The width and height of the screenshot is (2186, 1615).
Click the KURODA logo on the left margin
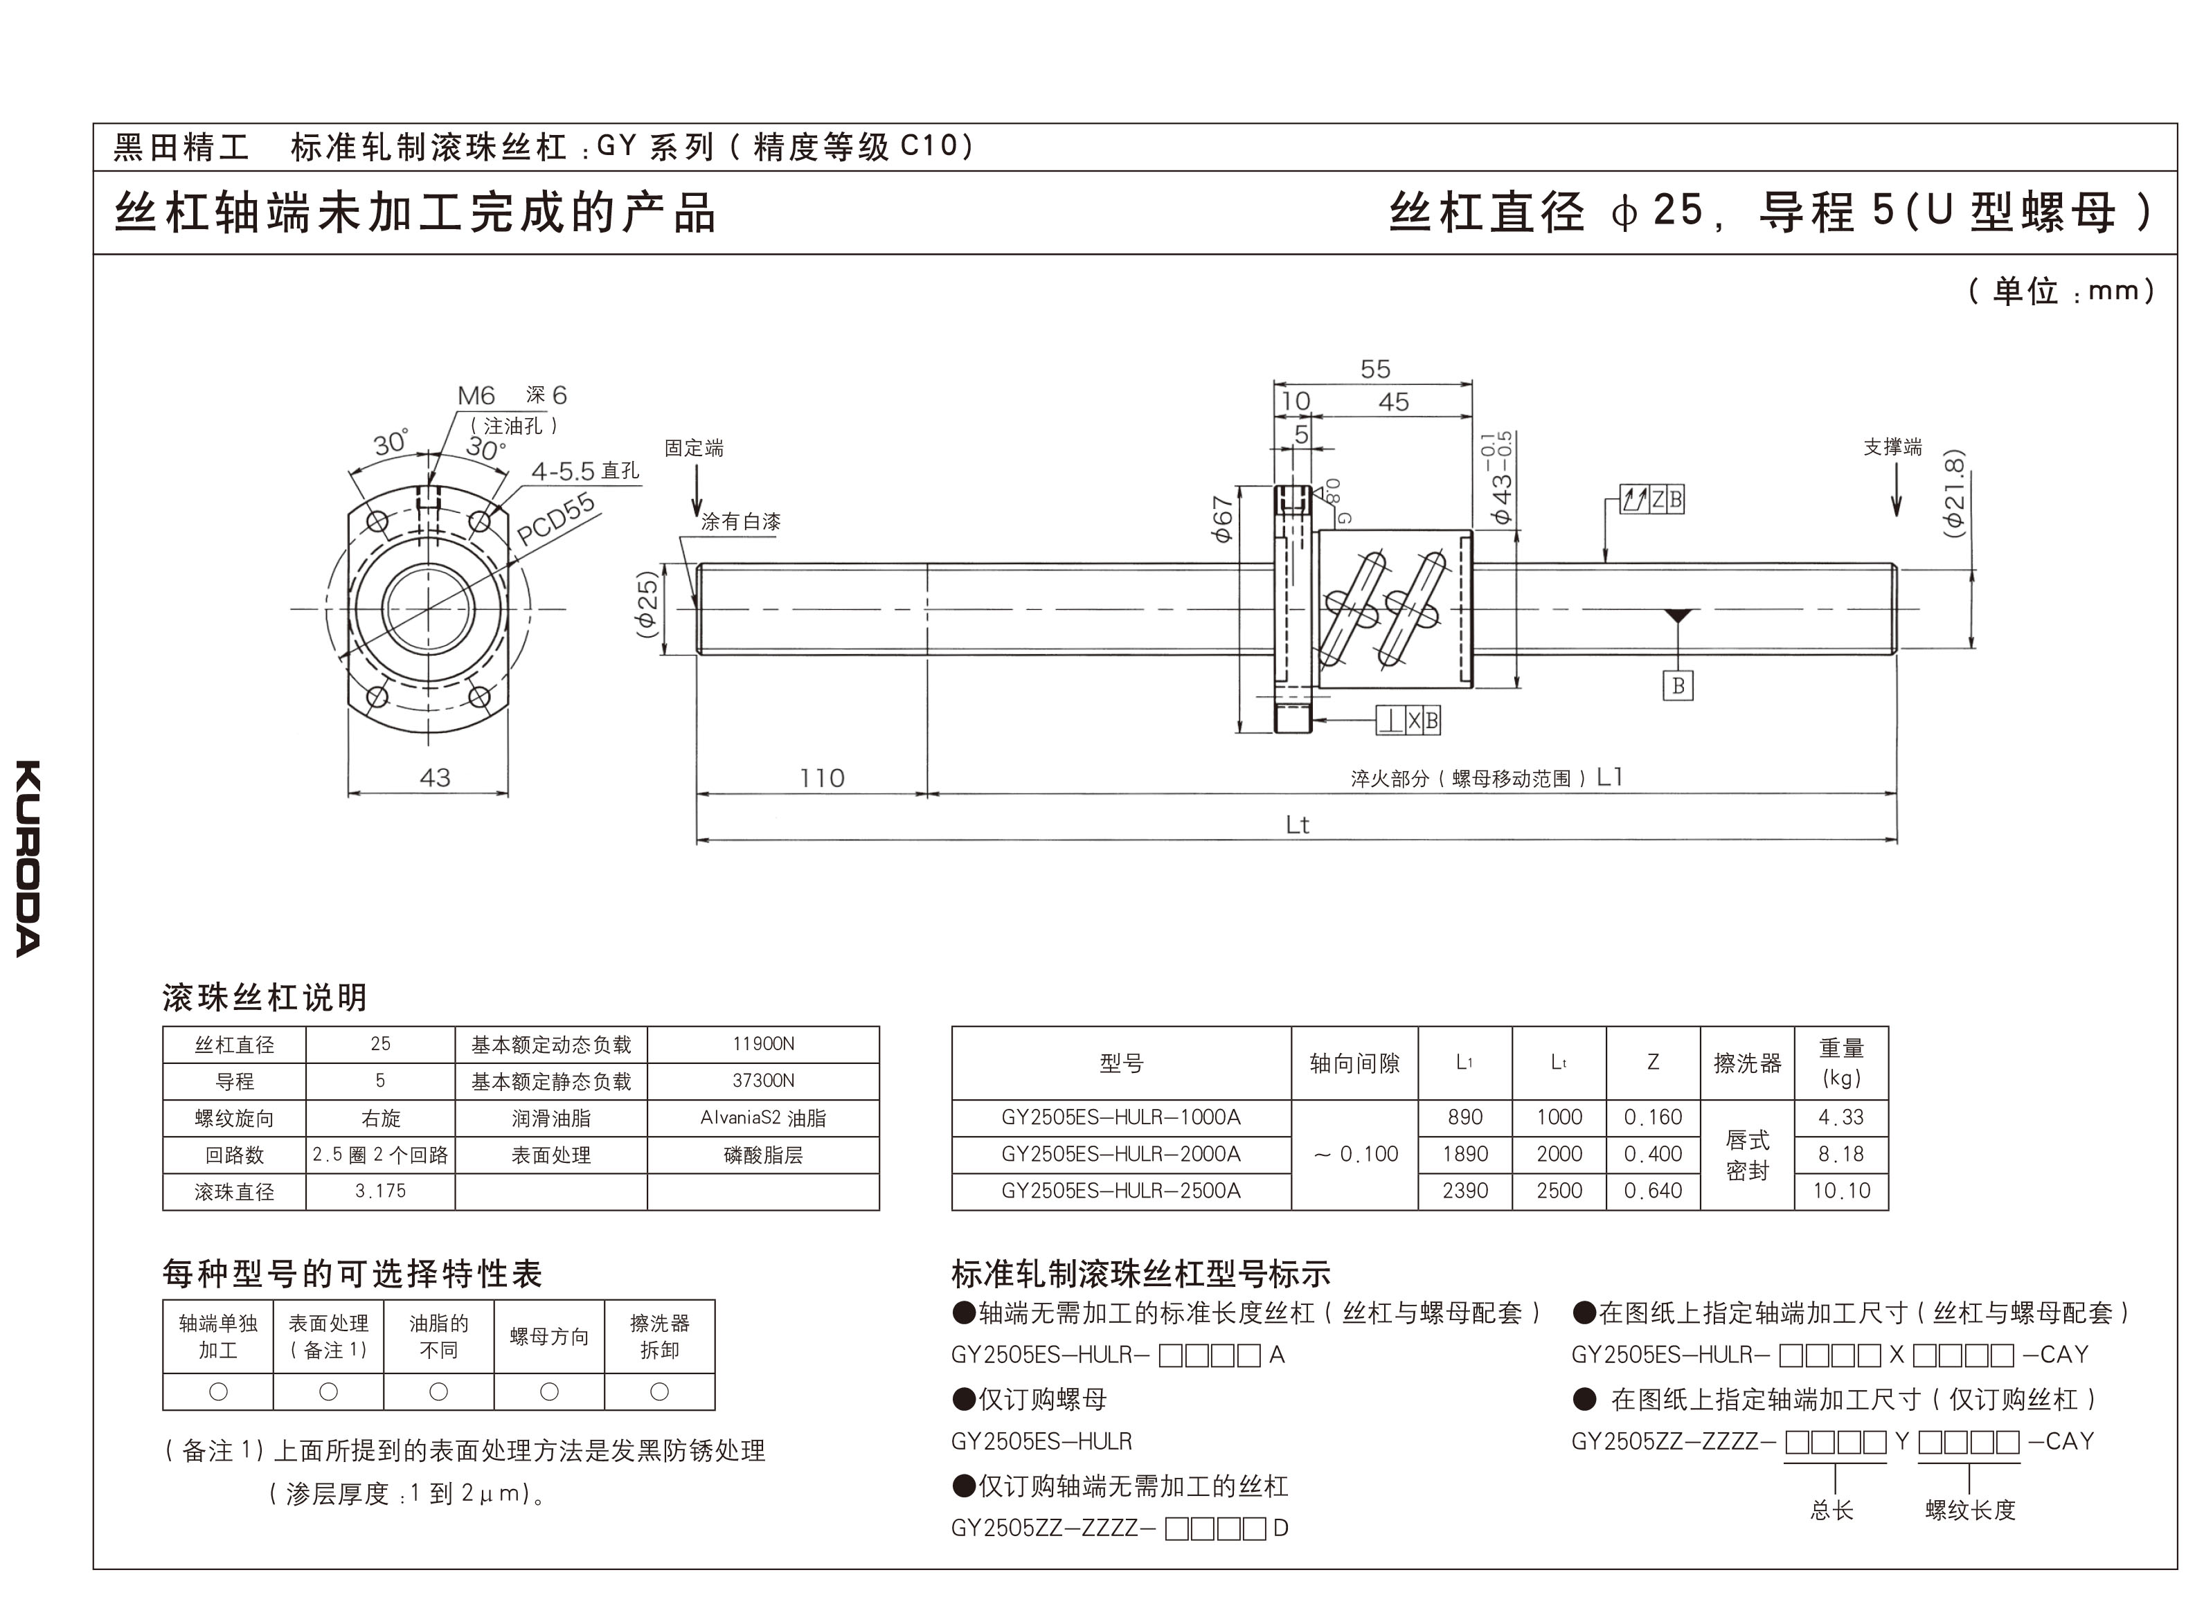(28, 858)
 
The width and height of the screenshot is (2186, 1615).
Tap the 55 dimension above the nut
(1374, 370)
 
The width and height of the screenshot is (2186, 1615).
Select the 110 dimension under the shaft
(821, 778)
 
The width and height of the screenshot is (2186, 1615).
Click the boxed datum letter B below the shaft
(1678, 685)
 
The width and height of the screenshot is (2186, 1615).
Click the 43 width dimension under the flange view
(434, 778)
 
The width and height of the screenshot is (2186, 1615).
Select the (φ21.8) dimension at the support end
(1953, 494)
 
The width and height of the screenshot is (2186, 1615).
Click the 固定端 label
(694, 449)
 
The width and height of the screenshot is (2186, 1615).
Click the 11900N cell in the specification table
(762, 1044)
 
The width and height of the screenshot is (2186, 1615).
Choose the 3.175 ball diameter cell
(380, 1191)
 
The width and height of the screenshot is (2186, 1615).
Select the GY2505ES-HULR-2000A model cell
(1120, 1153)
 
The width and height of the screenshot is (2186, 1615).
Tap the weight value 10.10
(1841, 1191)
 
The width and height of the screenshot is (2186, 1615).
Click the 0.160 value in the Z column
(1652, 1117)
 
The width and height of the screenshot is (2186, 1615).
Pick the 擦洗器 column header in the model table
(1747, 1063)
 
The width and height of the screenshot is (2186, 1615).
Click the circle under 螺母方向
(549, 1391)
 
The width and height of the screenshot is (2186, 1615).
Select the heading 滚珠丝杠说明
(264, 997)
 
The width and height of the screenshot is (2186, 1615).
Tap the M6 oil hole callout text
(476, 396)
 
